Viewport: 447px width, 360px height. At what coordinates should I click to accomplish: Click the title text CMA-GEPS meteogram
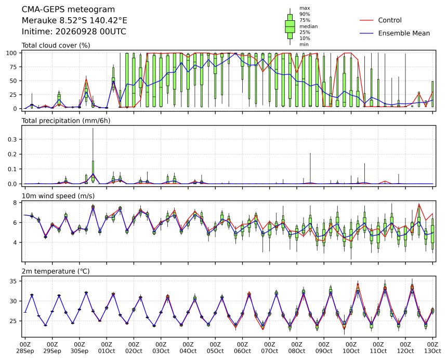[x=68, y=10]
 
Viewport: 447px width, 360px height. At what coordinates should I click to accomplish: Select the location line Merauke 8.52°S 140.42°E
[x=74, y=20]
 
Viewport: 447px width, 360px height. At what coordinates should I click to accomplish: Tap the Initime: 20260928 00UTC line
[x=74, y=31]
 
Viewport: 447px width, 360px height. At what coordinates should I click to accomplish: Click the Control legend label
[x=390, y=20]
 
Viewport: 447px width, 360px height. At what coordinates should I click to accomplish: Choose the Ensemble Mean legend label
[x=404, y=33]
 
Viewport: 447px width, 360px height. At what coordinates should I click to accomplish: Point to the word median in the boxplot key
[x=308, y=26]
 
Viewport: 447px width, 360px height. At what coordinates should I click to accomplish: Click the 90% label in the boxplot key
[x=305, y=14]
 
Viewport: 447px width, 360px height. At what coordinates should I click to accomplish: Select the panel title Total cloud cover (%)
[x=56, y=46]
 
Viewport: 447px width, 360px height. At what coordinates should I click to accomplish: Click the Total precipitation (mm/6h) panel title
[x=66, y=121]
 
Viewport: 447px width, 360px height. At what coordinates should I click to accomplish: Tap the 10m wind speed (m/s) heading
[x=58, y=196]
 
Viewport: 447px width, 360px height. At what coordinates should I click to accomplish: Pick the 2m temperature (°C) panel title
[x=56, y=271]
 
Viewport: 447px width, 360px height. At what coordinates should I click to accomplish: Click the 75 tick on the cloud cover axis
[x=14, y=67]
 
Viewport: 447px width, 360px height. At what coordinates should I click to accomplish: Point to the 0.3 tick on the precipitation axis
[x=13, y=139]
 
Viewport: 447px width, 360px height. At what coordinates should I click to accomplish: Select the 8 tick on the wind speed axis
[x=16, y=203]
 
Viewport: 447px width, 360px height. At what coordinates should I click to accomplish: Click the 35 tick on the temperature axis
[x=14, y=281]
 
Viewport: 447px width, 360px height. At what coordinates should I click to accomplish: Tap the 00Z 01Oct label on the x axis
[x=107, y=348]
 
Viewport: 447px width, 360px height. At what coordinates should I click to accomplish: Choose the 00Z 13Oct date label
[x=432, y=348]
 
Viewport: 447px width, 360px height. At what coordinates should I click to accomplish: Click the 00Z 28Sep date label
[x=25, y=348]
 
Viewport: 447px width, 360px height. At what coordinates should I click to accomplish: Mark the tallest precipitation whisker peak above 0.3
[x=93, y=128]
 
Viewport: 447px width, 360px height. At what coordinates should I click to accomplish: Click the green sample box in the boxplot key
[x=290, y=27]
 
